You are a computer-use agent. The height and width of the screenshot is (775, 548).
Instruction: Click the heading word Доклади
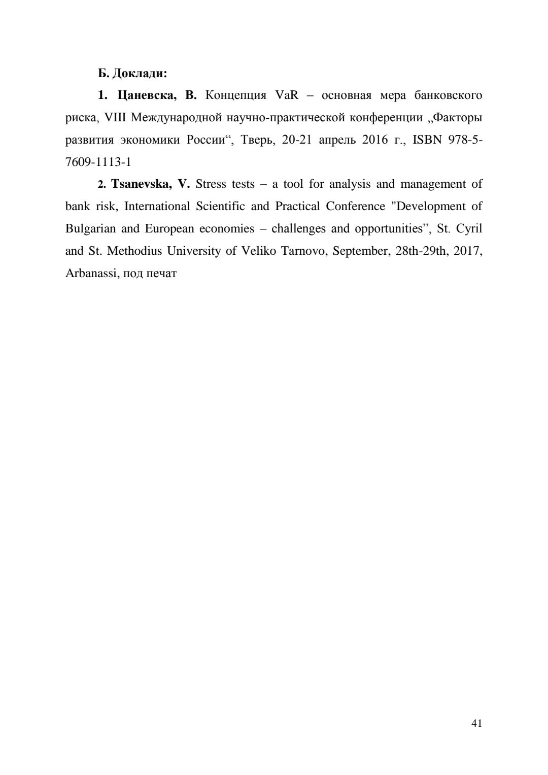point(140,74)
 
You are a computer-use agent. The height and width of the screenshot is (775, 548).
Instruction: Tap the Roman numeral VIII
point(115,118)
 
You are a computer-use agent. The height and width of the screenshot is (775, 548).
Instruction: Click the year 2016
point(375,140)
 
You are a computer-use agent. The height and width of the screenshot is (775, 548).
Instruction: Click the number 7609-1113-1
point(98,162)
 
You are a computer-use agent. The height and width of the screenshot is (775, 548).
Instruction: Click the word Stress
point(211,184)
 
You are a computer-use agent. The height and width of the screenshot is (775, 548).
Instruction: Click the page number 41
point(476,724)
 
